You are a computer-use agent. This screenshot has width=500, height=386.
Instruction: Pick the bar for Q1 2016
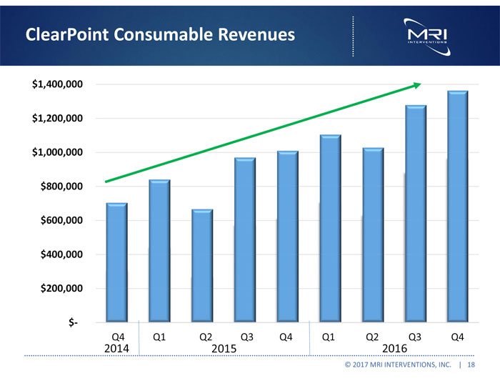pyautogui.click(x=330, y=228)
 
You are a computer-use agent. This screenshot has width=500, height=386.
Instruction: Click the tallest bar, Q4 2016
pyautogui.click(x=457, y=207)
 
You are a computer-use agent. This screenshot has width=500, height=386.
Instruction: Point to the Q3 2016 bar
pyautogui.click(x=415, y=214)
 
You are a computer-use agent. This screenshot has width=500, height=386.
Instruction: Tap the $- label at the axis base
pyautogui.click(x=74, y=323)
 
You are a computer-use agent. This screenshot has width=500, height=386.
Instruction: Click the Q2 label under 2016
pyautogui.click(x=372, y=335)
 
